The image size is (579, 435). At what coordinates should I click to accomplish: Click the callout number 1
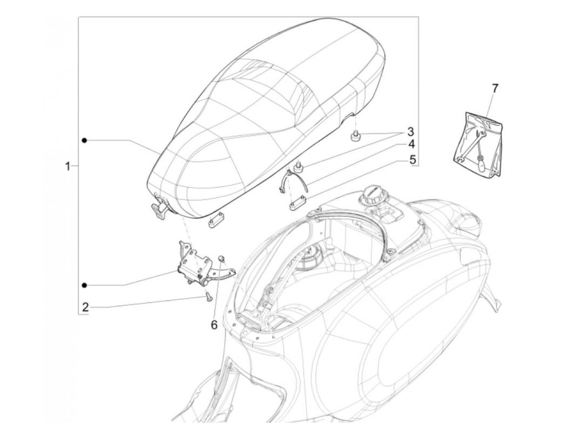(68, 167)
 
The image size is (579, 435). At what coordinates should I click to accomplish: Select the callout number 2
(85, 307)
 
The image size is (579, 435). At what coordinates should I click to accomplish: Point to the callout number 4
(411, 144)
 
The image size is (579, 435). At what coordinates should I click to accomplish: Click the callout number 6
(214, 325)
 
